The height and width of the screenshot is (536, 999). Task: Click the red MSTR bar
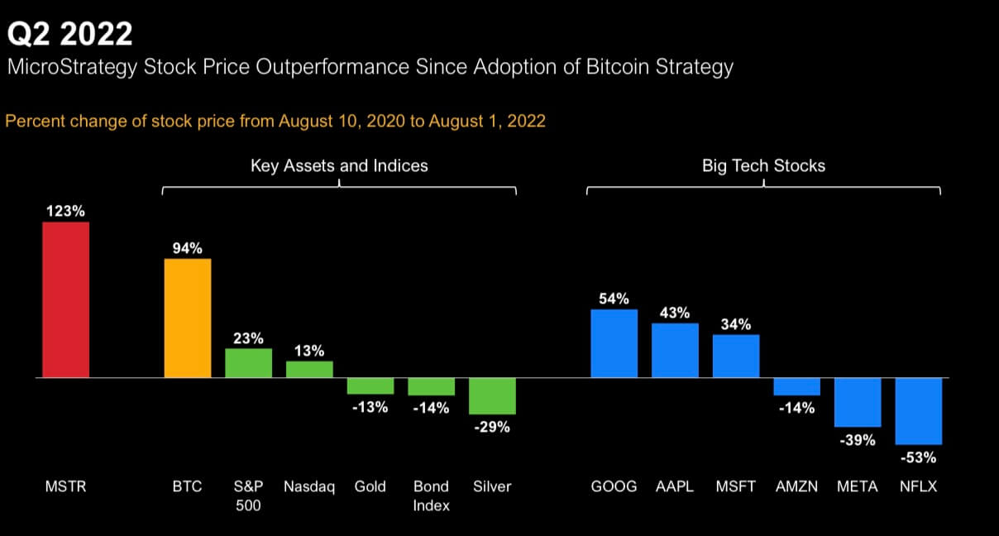(x=66, y=299)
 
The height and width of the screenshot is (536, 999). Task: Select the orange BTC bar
(x=188, y=318)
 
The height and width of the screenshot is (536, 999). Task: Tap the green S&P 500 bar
(x=248, y=363)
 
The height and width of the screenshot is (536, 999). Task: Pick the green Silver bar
(x=492, y=395)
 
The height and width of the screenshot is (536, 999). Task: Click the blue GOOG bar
(x=614, y=343)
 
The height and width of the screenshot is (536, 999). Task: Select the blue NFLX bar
(x=919, y=411)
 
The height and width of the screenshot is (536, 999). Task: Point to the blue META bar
(x=858, y=402)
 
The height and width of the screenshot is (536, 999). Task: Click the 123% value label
(x=65, y=211)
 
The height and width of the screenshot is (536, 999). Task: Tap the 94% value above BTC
(x=188, y=248)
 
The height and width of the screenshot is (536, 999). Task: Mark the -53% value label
(x=919, y=457)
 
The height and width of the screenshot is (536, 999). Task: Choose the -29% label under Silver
(x=492, y=428)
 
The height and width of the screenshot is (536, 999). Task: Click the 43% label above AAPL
(x=675, y=313)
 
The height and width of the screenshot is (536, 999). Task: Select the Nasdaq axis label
(x=309, y=486)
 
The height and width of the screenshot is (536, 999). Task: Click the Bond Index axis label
(x=431, y=495)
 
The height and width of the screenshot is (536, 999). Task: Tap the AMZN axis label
(x=796, y=486)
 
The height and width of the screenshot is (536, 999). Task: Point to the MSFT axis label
(x=736, y=486)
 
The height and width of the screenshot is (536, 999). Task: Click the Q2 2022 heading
(x=69, y=34)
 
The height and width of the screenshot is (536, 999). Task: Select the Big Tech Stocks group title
(x=763, y=165)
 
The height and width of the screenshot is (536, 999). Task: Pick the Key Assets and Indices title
(x=339, y=165)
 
